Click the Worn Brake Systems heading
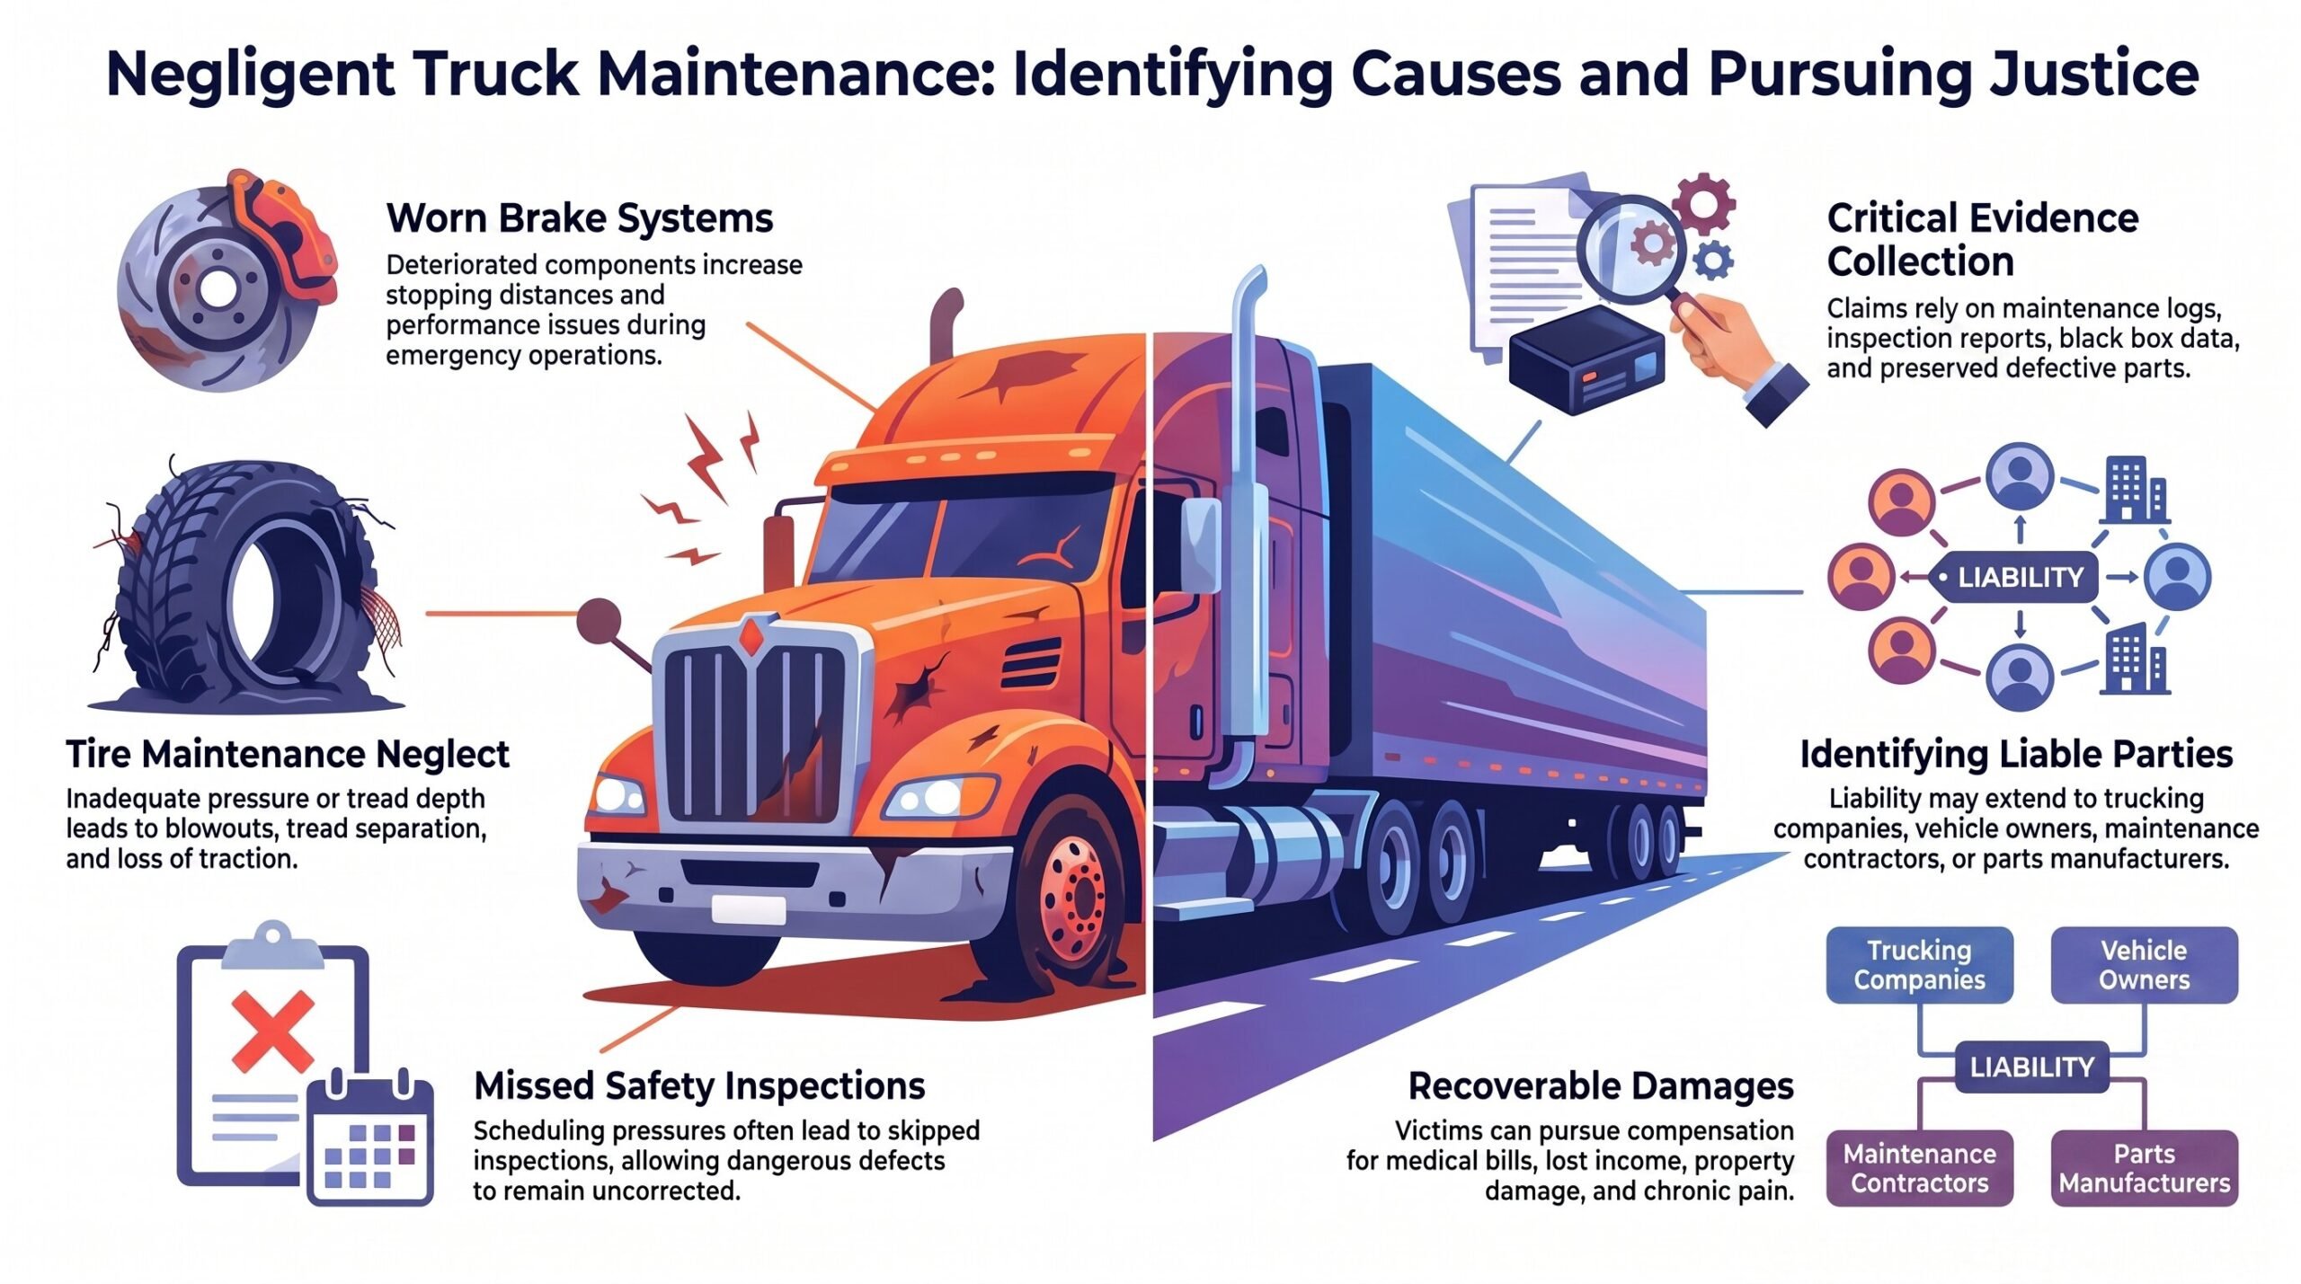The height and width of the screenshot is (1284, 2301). coord(580,218)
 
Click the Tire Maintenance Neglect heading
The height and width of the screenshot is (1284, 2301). coord(288,754)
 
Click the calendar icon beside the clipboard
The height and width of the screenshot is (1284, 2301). coord(370,1138)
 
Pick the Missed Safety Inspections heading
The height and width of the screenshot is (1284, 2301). coord(699,1086)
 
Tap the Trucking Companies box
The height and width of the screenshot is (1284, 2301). coord(1919,965)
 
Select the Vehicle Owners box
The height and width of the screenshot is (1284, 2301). coord(2144,965)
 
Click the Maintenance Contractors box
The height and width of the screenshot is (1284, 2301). coord(1919,1168)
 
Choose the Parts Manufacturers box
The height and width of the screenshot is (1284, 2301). coord(2144,1168)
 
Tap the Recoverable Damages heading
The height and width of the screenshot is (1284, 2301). coord(1601,1086)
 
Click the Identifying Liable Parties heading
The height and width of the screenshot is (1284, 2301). coord(2016,754)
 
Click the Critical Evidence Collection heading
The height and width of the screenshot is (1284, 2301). coord(1983,240)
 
